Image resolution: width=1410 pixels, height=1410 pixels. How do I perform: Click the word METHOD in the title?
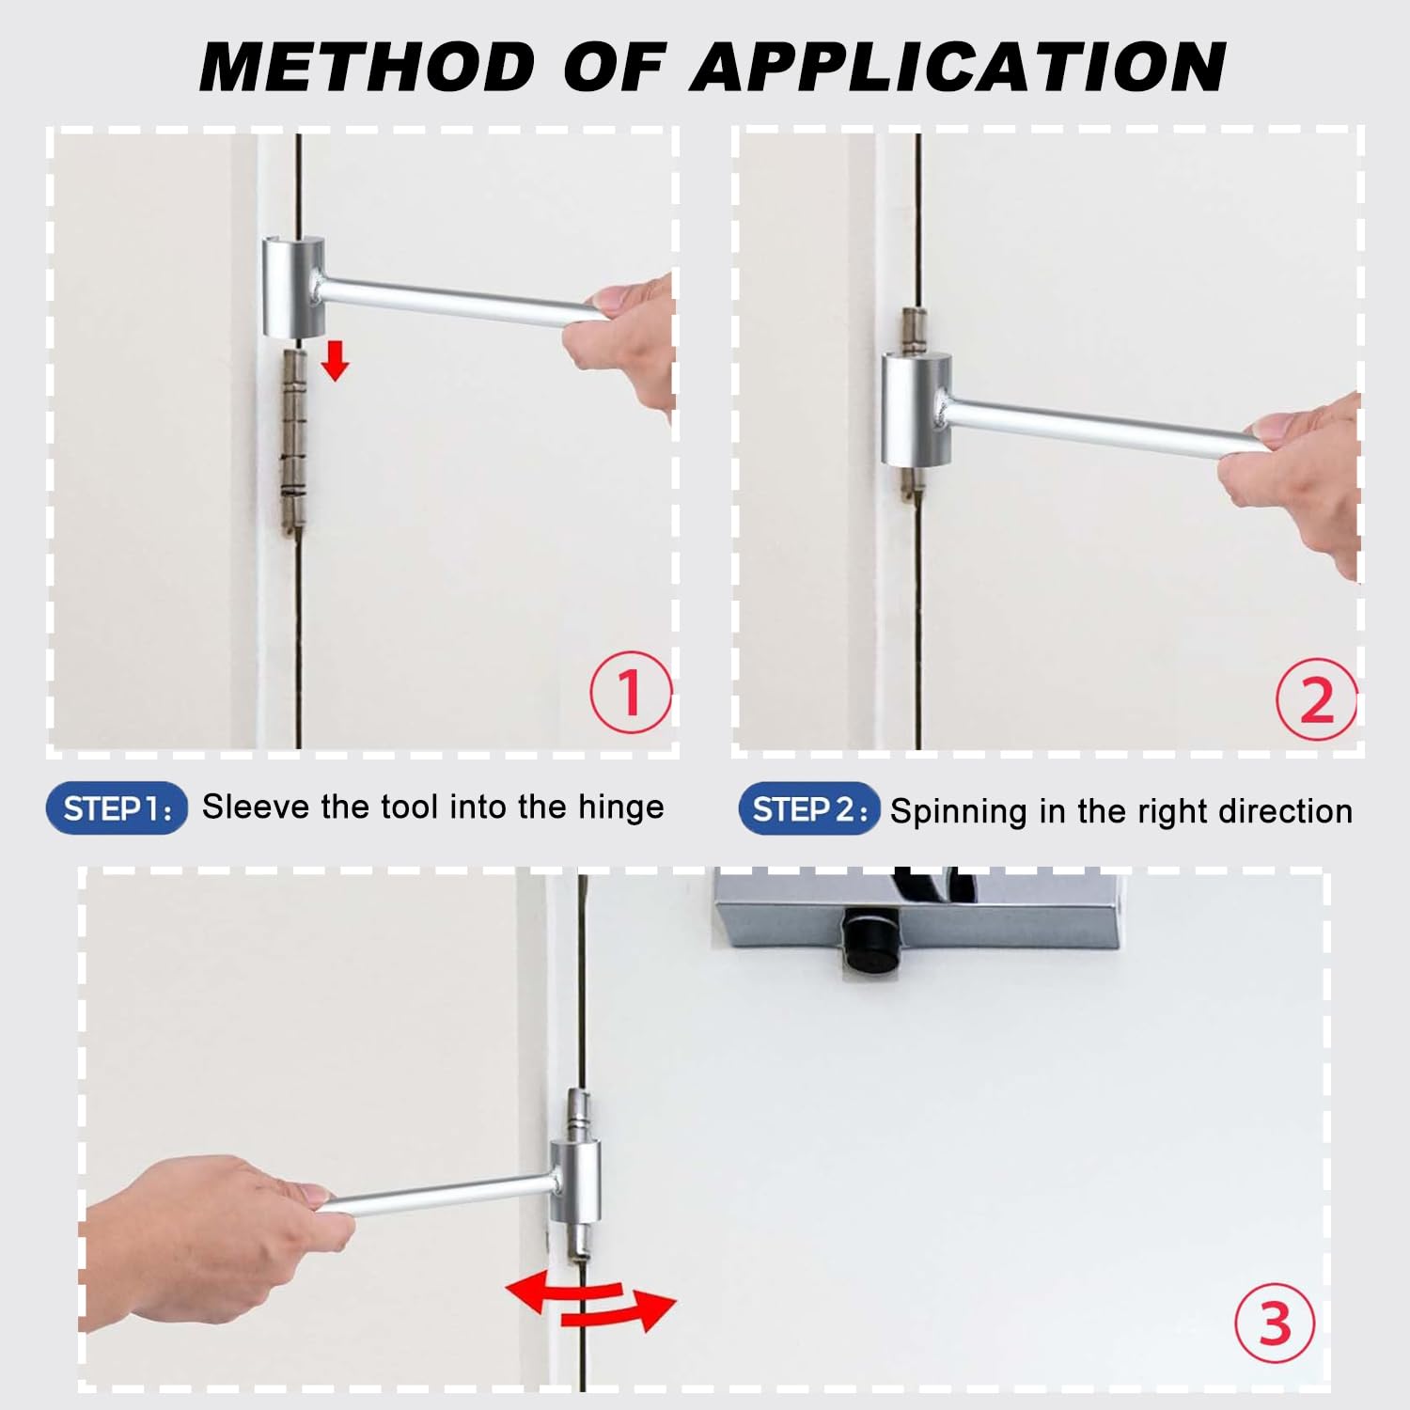click(367, 68)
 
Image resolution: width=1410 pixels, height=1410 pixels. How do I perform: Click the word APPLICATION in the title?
click(959, 68)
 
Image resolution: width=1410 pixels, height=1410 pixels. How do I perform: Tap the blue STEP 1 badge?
click(117, 808)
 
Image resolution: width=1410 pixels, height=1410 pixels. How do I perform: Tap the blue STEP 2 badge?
click(808, 809)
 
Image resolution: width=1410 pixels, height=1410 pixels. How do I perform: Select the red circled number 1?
click(631, 693)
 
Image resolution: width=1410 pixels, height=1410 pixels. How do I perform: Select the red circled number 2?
click(1316, 699)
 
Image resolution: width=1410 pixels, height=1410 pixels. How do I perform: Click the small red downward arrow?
click(335, 361)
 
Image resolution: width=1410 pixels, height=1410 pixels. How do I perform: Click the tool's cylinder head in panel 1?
click(292, 288)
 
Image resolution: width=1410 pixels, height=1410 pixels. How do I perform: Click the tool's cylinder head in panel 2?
click(916, 410)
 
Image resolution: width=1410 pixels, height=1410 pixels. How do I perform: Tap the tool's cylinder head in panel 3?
click(574, 1181)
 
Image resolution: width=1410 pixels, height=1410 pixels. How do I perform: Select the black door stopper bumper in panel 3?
click(866, 942)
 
